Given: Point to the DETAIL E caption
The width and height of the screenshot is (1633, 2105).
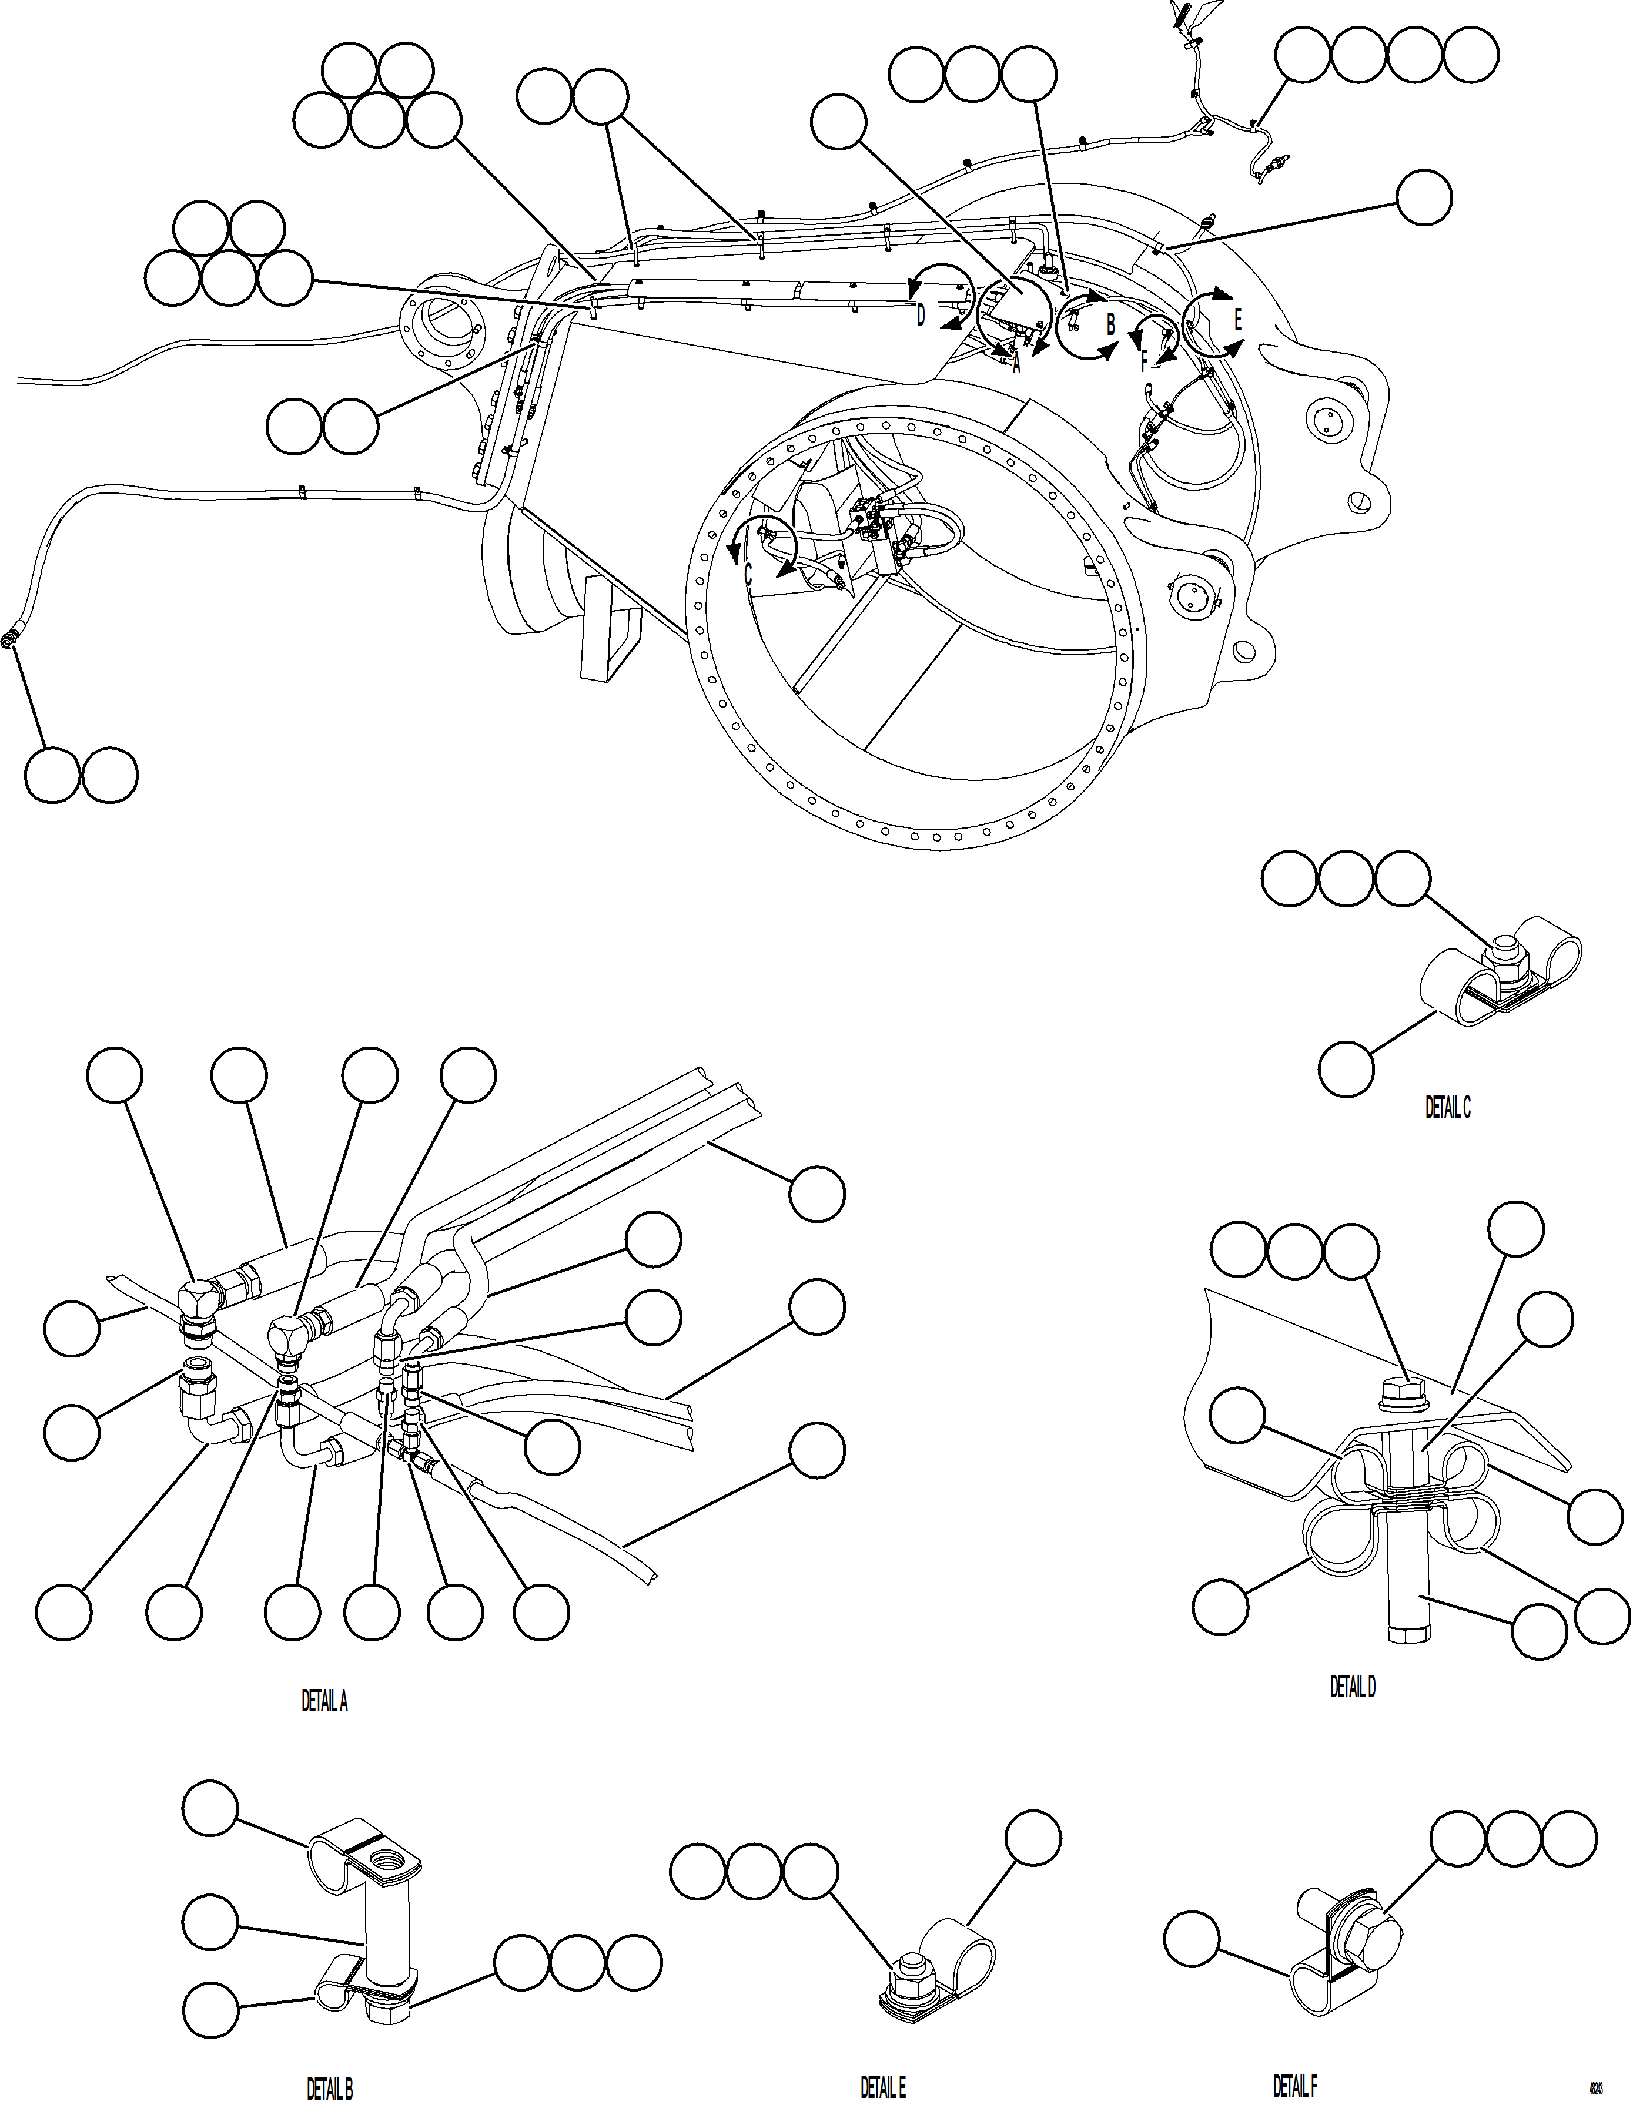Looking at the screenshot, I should pos(883,2087).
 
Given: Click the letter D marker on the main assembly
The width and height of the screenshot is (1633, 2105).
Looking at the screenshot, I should pos(921,315).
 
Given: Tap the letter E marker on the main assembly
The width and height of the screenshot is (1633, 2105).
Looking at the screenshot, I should pos(1238,320).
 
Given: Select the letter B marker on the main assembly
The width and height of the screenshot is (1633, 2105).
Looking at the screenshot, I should pos(1110,325).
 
